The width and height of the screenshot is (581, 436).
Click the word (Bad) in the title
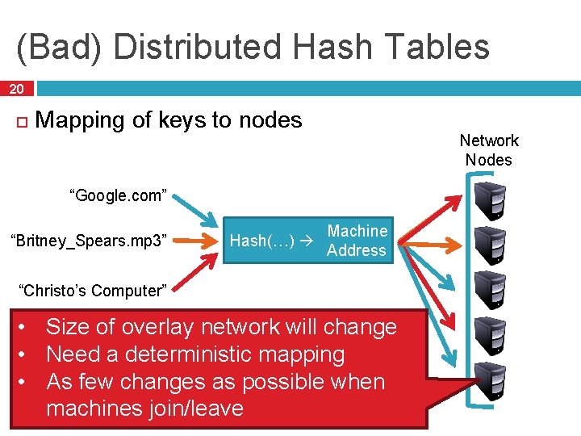(61, 47)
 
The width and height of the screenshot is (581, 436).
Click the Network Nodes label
(489, 150)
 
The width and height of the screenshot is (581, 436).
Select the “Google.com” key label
(119, 195)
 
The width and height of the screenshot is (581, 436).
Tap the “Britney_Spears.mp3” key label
(88, 241)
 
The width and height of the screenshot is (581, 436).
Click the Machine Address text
(357, 241)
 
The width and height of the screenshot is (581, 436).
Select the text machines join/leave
(144, 409)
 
